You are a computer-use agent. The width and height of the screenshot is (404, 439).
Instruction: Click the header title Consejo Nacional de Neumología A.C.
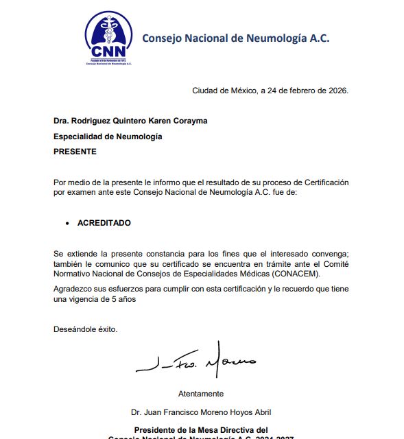(x=235, y=38)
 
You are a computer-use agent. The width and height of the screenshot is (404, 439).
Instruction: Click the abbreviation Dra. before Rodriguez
(x=62, y=121)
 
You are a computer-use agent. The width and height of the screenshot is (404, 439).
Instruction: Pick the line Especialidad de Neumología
(x=108, y=137)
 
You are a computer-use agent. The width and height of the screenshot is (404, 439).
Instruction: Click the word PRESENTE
(x=75, y=152)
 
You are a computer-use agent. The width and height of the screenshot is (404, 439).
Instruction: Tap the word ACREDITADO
(x=104, y=223)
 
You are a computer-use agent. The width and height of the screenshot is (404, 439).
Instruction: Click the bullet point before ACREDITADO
(x=67, y=224)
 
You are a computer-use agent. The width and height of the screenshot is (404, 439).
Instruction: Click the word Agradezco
(x=73, y=289)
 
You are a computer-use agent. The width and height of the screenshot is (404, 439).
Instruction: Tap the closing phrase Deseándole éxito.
(x=86, y=329)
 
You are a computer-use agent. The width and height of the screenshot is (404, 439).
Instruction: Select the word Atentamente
(x=201, y=394)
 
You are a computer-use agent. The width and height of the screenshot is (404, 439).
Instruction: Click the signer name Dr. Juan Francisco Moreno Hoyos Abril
(x=201, y=412)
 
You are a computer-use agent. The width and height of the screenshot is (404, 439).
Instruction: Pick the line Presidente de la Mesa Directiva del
(x=200, y=429)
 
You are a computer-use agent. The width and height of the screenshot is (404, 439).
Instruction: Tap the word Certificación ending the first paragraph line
(x=323, y=182)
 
